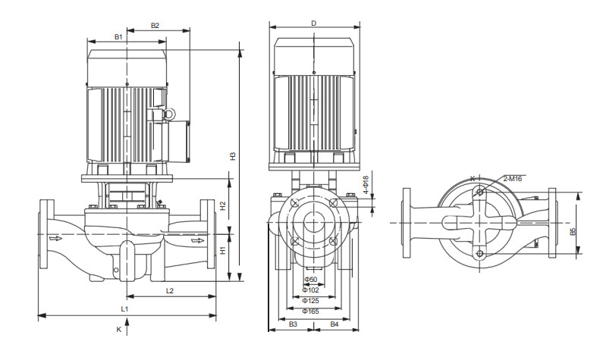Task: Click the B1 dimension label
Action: tap(118, 36)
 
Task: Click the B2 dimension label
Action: tap(155, 25)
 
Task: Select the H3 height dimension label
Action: tap(234, 156)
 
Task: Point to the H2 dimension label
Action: tap(223, 205)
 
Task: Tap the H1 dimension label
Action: tap(223, 249)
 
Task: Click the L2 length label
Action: tap(170, 290)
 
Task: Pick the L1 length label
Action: tap(125, 309)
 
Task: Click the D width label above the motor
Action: tap(313, 23)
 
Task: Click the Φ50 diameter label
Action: tap(310, 280)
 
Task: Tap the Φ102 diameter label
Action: tap(310, 290)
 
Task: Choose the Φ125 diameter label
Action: tap(310, 300)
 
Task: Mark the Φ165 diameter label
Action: tap(310, 311)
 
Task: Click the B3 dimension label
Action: tap(292, 324)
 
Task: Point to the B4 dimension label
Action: tap(334, 324)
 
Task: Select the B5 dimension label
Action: tap(573, 230)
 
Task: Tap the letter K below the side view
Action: tap(118, 330)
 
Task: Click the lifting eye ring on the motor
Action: tap(169, 113)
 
